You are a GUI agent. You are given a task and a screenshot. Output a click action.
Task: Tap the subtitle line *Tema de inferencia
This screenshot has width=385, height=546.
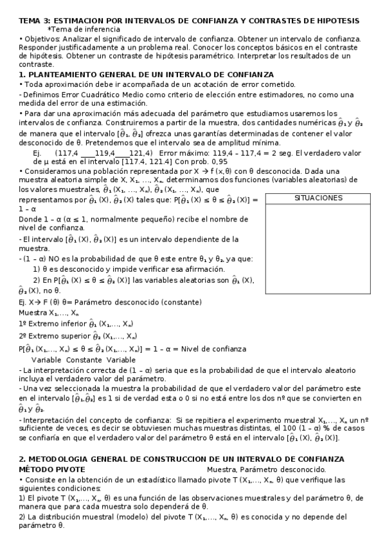tap(83, 30)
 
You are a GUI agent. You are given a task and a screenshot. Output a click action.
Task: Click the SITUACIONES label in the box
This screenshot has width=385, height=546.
tap(318, 198)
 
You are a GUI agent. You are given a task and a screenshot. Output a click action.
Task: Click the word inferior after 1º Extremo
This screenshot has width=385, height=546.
tap(70, 324)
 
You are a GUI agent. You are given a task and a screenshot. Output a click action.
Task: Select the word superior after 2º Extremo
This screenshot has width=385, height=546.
tap(73, 335)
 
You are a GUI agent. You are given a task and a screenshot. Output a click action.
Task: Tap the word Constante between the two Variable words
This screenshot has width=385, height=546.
tap(84, 359)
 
